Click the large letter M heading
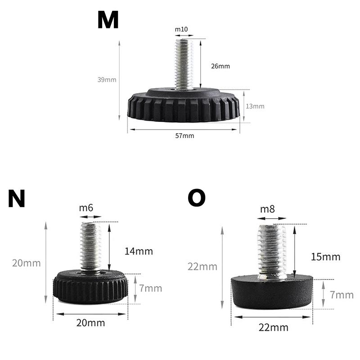click(x=108, y=20)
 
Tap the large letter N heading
click(x=16, y=198)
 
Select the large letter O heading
click(x=197, y=198)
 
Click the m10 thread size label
click(x=181, y=29)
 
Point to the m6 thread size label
click(x=86, y=208)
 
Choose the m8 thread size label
click(x=267, y=209)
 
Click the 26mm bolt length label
click(x=220, y=66)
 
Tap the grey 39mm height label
click(x=107, y=80)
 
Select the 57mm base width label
click(x=184, y=136)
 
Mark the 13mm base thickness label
click(x=255, y=106)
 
